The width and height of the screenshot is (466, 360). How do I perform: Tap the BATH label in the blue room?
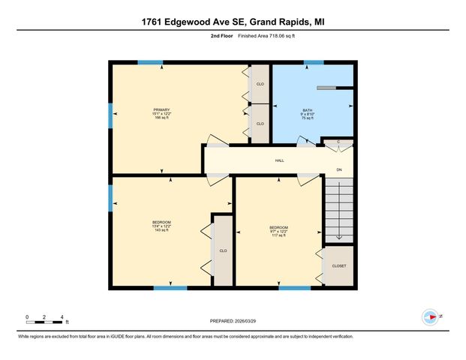point(306,110)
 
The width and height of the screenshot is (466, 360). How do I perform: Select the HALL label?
point(279,160)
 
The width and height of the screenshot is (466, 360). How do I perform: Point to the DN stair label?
point(338,170)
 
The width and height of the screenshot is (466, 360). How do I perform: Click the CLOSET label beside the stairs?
point(339,265)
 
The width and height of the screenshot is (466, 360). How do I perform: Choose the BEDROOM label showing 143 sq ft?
point(162,222)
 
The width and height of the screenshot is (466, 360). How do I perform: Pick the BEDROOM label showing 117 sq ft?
point(279,227)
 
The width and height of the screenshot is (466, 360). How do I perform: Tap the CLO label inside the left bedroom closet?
point(223,250)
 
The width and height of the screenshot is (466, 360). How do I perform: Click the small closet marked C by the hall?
point(338,142)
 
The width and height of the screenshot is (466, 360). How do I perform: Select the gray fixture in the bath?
point(326,88)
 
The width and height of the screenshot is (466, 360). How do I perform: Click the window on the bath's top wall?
point(313,62)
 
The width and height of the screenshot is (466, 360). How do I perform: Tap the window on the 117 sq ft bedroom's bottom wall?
point(294,287)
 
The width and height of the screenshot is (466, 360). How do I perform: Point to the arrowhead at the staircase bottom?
point(338,238)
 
